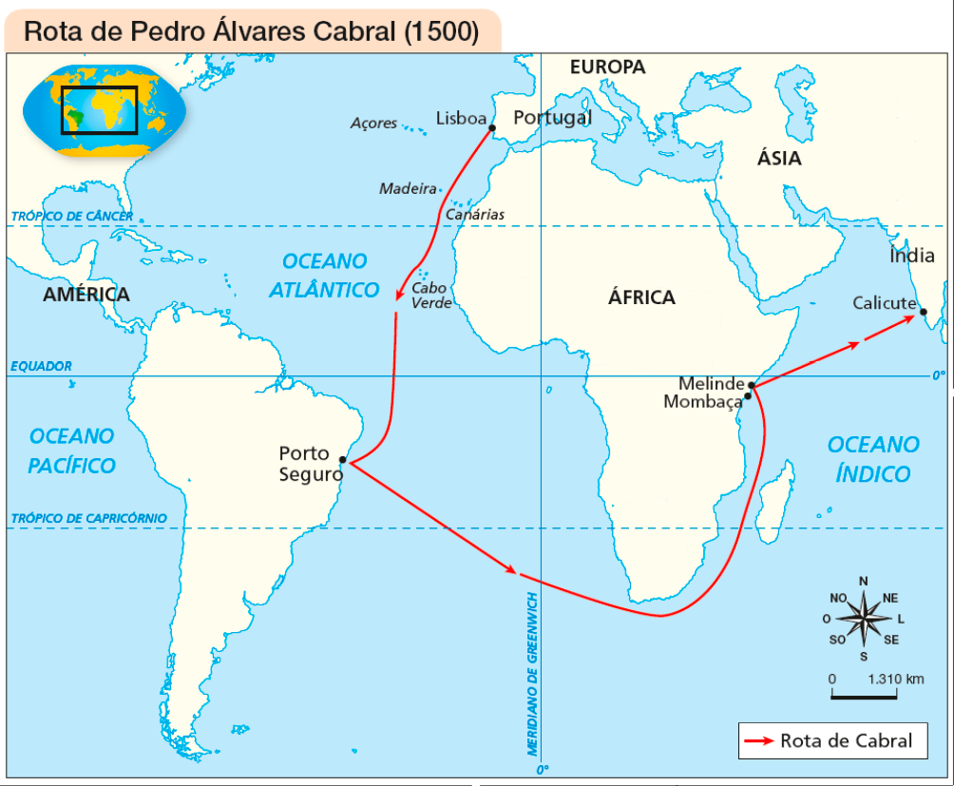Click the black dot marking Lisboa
492,128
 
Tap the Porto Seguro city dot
342,459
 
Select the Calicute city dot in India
923,312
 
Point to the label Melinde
711,384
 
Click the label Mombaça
701,402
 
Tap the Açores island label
373,123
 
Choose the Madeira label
408,188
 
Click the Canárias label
475,215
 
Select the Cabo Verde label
430,296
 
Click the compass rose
863,619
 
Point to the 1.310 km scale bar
864,696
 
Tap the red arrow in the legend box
758,741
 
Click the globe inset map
105,111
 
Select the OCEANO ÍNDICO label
873,459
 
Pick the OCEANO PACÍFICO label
71,451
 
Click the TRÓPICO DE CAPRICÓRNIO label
88,518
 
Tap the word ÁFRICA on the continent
641,297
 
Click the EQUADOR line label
41,366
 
